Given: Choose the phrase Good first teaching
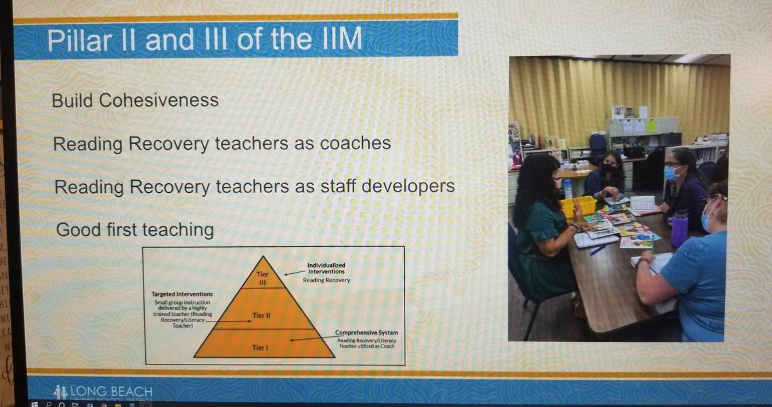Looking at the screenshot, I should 135,230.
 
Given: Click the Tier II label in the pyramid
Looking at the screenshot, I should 262,315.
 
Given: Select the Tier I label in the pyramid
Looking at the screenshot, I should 262,348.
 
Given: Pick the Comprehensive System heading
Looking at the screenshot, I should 365,332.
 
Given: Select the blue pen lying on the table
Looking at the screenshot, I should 598,249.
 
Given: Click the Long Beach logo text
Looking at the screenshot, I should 113,392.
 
